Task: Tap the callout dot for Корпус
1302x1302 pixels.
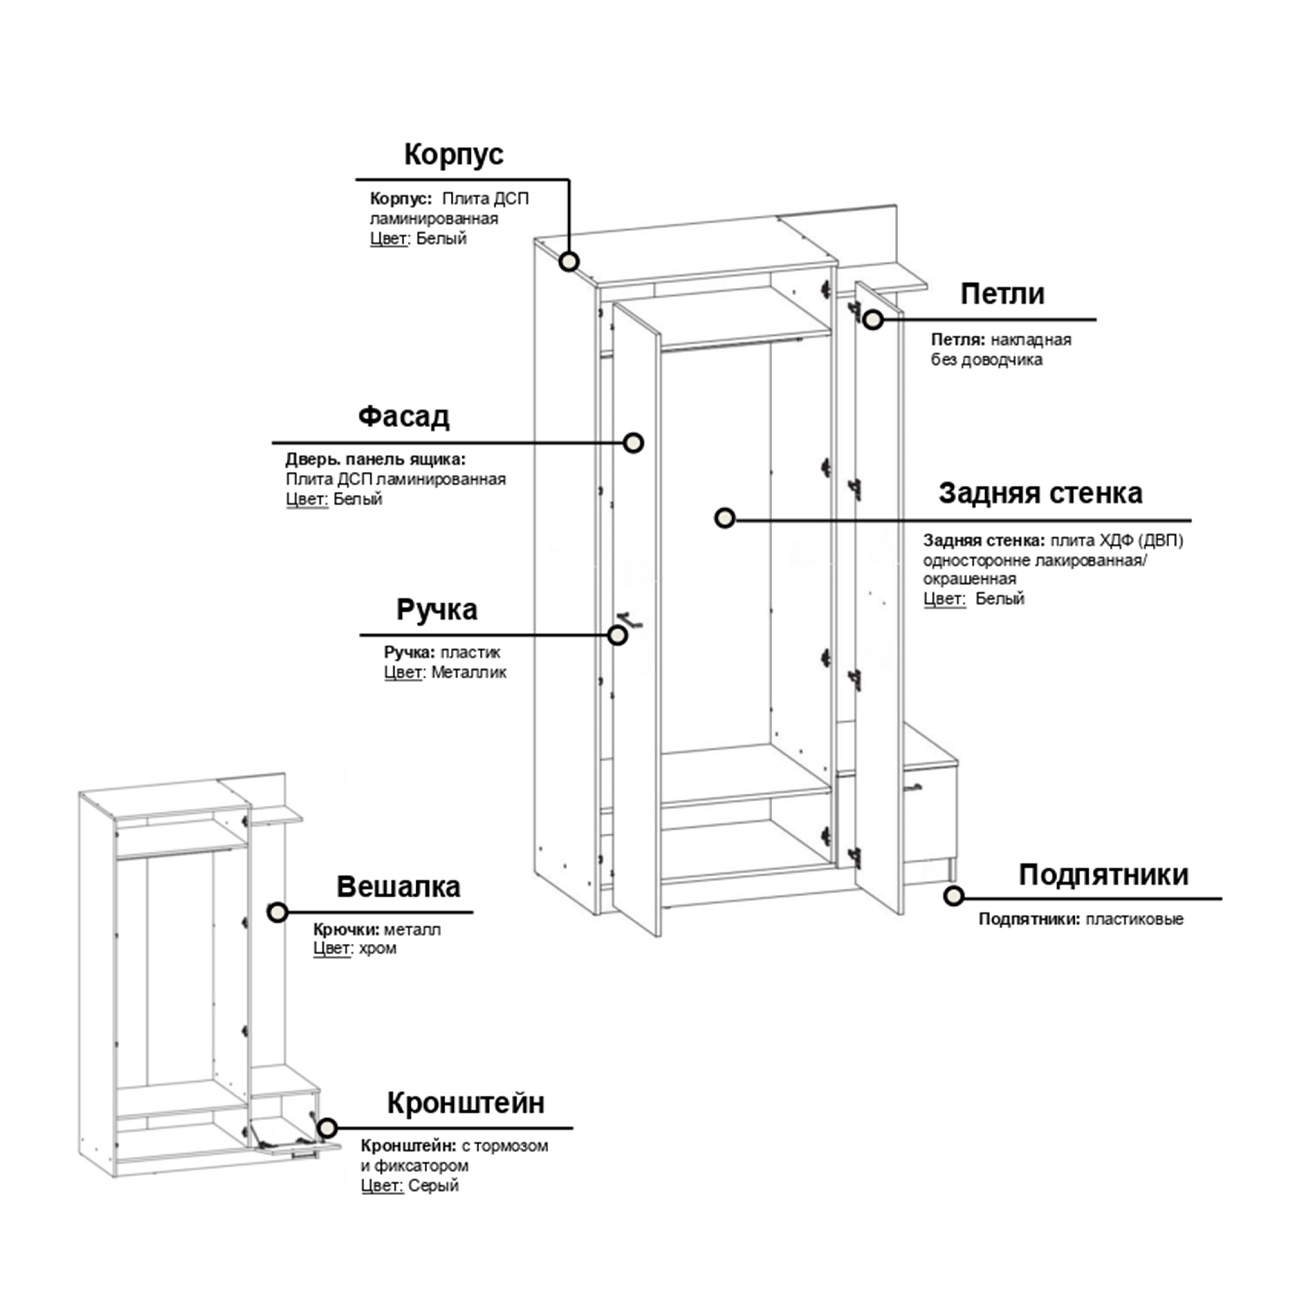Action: [x=569, y=261]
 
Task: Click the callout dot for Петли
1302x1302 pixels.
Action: [x=873, y=319]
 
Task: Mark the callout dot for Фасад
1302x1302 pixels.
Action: [x=633, y=443]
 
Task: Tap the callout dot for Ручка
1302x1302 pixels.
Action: [x=617, y=635]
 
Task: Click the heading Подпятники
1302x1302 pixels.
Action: [x=1103, y=875]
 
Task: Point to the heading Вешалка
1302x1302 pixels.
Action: [x=398, y=887]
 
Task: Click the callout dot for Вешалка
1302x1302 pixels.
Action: [x=277, y=912]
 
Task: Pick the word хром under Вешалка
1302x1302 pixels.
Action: [x=377, y=948]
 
